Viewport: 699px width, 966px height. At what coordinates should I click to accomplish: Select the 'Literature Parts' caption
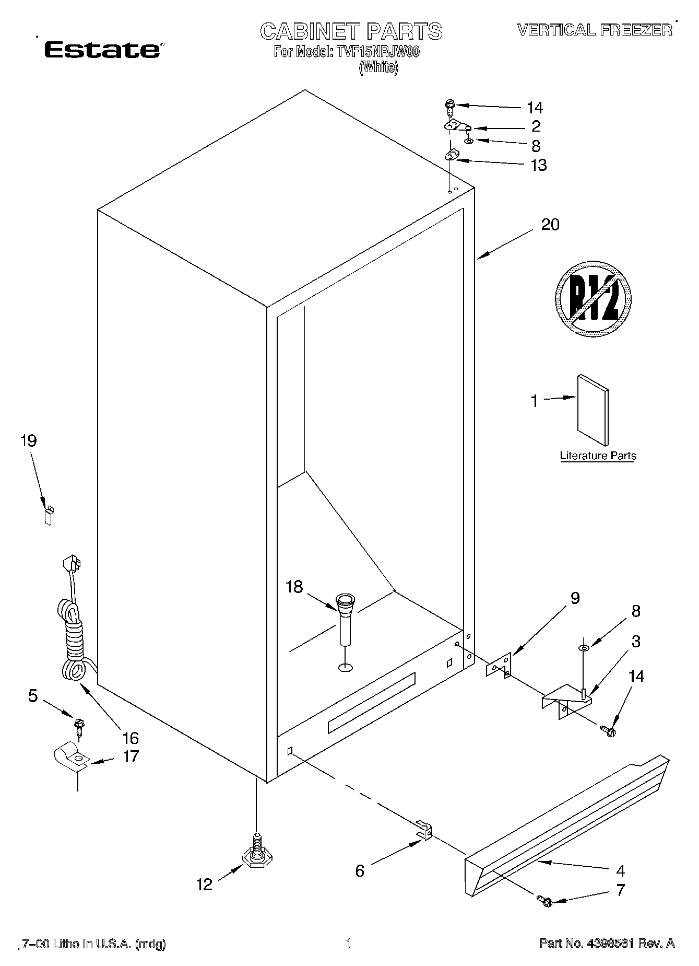pos(598,456)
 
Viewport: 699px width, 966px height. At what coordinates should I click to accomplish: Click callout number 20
pos(550,225)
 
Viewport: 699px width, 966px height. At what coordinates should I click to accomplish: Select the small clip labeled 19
pos(49,515)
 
